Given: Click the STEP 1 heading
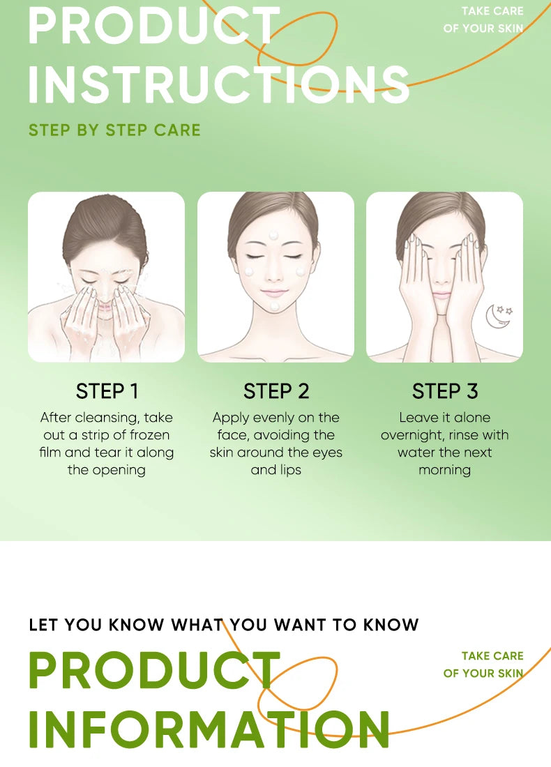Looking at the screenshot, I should coord(107,391).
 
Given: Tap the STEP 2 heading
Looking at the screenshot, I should coord(276,391).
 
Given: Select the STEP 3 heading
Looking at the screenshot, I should coord(445,391).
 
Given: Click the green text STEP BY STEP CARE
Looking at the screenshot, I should coord(114,130).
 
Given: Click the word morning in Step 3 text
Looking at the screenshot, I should coord(444,470).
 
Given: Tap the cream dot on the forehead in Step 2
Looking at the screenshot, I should coord(273,234).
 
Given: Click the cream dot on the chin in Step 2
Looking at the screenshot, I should coord(275,305).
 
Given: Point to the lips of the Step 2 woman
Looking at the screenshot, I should coord(274,292).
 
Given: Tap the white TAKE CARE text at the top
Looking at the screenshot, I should coord(492,11).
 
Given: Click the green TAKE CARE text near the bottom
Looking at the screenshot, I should coord(492,656).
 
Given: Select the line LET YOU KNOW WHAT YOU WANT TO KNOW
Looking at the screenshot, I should coord(224,625).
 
